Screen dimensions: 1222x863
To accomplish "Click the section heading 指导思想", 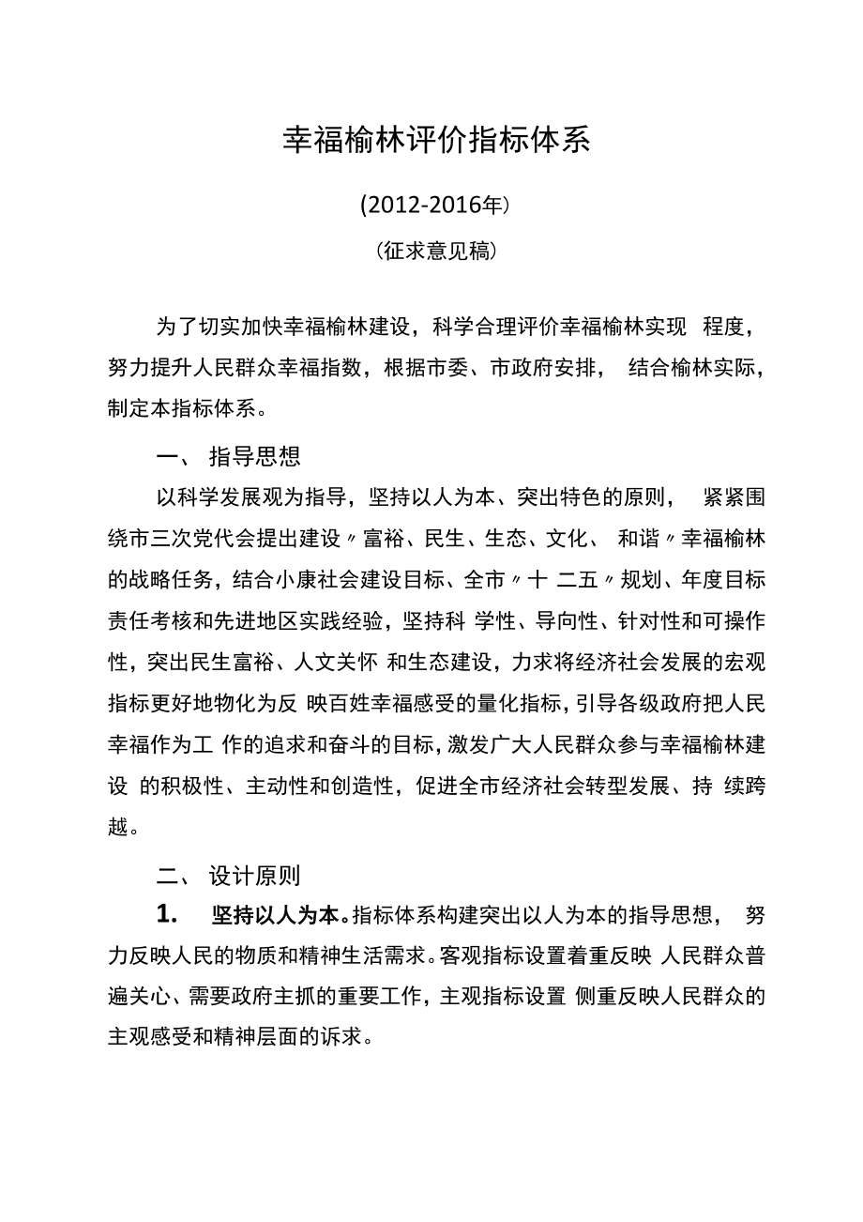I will coord(254,457).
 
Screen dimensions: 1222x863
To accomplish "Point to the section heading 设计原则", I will coord(254,877).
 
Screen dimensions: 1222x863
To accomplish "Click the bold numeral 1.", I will coord(166,914).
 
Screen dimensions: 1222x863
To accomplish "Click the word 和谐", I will coord(639,540).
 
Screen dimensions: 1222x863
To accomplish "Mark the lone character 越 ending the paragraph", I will coord(118,827).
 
